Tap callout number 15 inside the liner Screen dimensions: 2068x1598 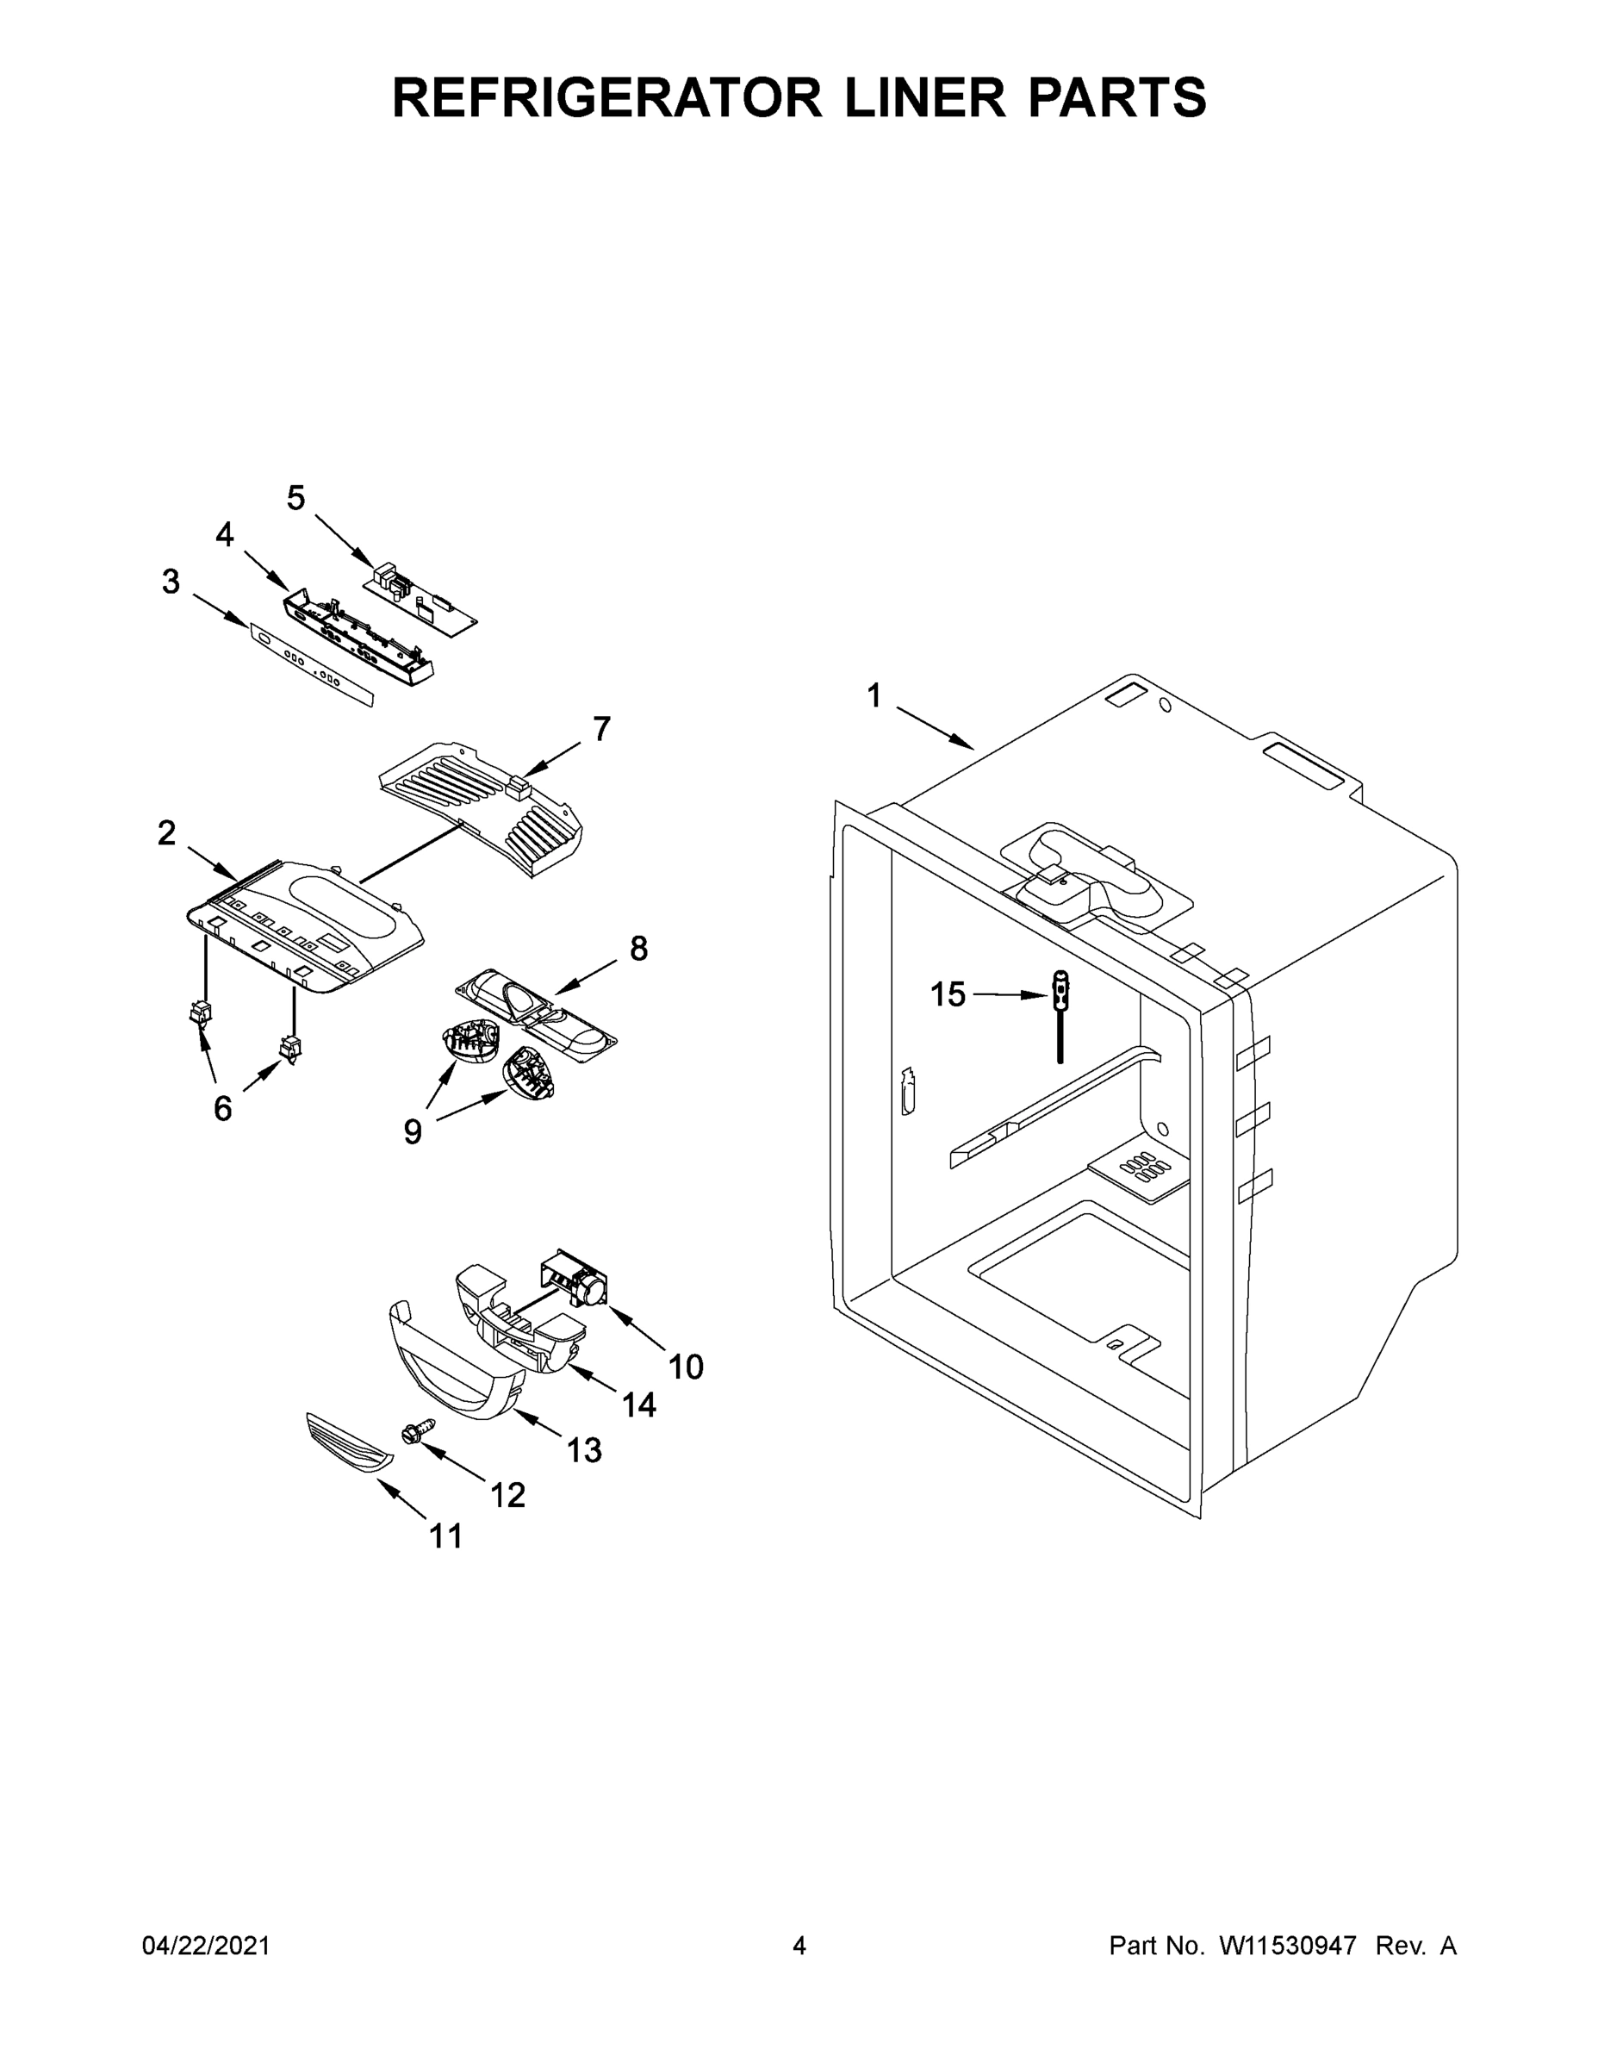[x=947, y=994]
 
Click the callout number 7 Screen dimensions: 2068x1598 [x=602, y=729]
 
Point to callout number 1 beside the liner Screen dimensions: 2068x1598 [x=874, y=696]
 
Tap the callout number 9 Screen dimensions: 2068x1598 [x=413, y=1131]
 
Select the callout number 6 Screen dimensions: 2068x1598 [x=222, y=1108]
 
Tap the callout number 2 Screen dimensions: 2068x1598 [x=166, y=833]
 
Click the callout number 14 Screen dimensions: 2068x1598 [x=639, y=1405]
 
